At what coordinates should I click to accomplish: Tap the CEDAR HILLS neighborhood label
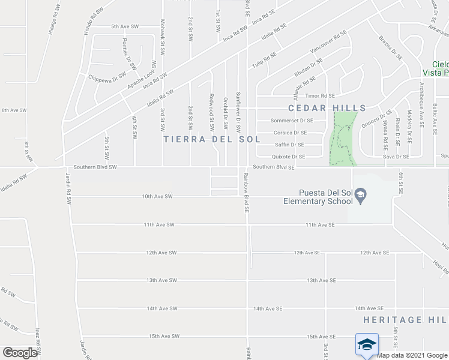pyautogui.click(x=327, y=108)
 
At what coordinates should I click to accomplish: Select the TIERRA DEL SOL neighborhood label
pyautogui.click(x=212, y=139)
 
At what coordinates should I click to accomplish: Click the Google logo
pyautogui.click(x=20, y=353)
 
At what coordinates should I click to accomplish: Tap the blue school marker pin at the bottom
pyautogui.click(x=367, y=345)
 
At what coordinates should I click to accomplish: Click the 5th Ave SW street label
pyautogui.click(x=125, y=27)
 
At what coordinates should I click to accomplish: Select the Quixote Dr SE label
pyautogui.click(x=289, y=157)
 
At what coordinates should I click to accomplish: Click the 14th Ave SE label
pyautogui.click(x=268, y=308)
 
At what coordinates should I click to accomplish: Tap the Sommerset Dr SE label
pyautogui.click(x=292, y=121)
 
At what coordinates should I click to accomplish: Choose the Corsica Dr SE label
pyautogui.click(x=290, y=133)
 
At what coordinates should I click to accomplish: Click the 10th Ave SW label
pyautogui.click(x=157, y=196)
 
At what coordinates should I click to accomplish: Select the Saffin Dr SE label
pyautogui.click(x=289, y=145)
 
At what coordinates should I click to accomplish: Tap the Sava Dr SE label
pyautogui.click(x=396, y=157)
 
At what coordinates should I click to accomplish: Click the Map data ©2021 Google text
pyautogui.click(x=412, y=355)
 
